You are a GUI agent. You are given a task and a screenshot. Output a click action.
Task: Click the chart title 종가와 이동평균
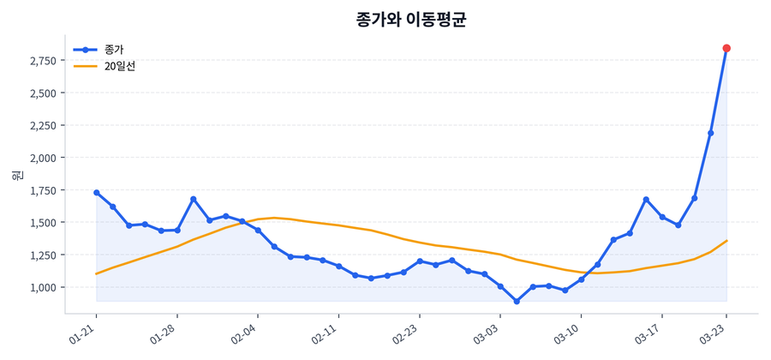click(410, 20)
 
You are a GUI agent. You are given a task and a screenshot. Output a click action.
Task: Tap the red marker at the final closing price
click(726, 48)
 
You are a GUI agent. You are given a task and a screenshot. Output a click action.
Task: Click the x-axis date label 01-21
click(83, 333)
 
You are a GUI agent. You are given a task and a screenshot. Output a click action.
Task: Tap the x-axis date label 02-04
click(244, 333)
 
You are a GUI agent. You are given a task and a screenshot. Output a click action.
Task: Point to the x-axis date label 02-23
click(405, 333)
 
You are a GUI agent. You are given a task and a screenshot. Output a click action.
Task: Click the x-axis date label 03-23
click(713, 333)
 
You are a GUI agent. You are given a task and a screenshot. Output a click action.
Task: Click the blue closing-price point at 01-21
click(96, 193)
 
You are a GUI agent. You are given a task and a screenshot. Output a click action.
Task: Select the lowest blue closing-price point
click(517, 302)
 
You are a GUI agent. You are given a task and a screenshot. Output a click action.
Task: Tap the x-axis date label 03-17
click(648, 333)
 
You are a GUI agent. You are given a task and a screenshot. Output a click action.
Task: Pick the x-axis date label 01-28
click(164, 333)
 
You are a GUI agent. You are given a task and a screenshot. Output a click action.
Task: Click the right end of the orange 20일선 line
click(726, 241)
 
